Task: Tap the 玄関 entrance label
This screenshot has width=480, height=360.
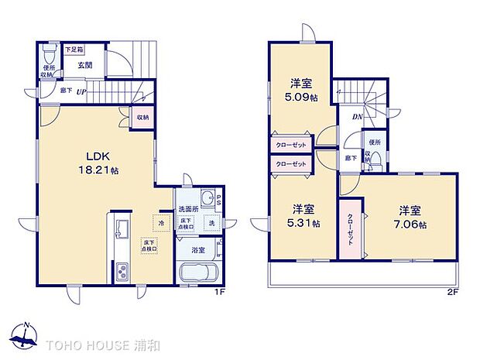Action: [85, 66]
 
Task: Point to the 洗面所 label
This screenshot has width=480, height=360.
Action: [189, 209]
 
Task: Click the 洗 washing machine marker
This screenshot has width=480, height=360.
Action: [211, 223]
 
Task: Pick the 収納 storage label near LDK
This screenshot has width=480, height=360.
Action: [142, 118]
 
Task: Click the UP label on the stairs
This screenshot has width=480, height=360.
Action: [81, 91]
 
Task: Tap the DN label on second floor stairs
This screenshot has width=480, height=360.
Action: [358, 117]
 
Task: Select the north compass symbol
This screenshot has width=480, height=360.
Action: [26, 334]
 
